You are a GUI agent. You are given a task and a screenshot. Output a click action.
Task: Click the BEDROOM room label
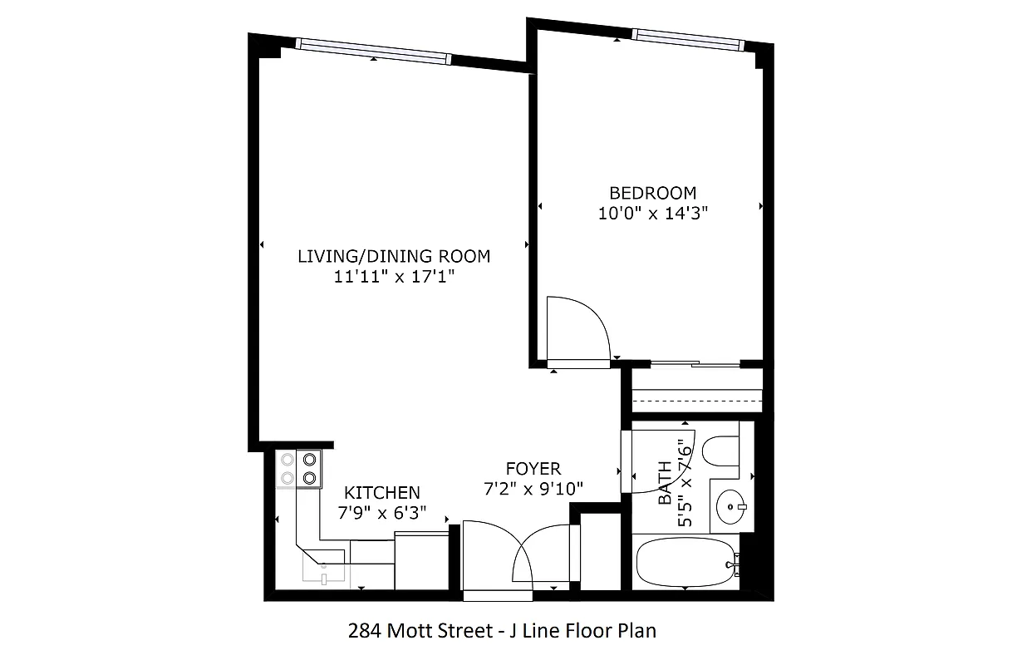[652, 193]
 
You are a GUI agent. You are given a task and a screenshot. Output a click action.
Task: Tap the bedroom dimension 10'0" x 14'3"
[652, 213]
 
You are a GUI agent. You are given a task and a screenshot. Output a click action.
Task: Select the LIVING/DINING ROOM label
[394, 256]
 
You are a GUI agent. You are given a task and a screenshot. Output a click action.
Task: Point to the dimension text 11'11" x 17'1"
[394, 277]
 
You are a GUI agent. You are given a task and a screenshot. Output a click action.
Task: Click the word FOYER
[533, 469]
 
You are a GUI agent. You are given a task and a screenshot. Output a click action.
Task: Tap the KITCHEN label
[382, 493]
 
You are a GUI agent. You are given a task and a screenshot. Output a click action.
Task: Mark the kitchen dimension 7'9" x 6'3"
[382, 513]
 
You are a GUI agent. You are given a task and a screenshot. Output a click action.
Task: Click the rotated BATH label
[665, 484]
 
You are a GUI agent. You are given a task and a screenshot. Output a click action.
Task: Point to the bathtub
[685, 565]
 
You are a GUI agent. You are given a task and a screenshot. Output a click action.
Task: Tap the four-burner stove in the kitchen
[299, 467]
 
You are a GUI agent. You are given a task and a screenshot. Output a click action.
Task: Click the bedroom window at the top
[685, 36]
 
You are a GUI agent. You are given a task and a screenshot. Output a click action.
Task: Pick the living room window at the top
[373, 52]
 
